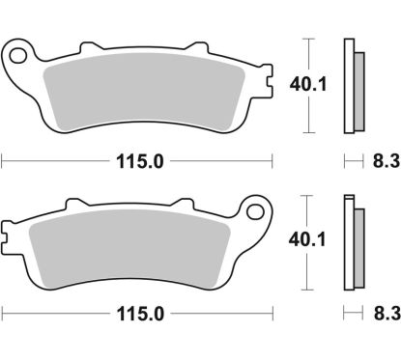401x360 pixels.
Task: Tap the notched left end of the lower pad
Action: coord(9,233)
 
